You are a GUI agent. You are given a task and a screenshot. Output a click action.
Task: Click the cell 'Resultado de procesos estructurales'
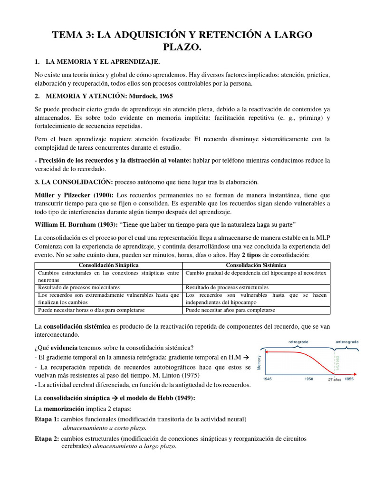[227, 287]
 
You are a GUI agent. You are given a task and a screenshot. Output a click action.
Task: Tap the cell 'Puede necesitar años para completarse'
[230, 310]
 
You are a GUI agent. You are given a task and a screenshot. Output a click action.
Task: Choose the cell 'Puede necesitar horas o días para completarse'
[92, 310]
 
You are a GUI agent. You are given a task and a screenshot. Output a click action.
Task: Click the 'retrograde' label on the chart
[297, 341]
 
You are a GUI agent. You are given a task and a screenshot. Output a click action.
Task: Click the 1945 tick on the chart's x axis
[267, 379]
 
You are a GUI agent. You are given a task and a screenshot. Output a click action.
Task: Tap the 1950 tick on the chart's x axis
[308, 379]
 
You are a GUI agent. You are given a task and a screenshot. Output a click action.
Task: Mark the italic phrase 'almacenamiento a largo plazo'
[134, 446]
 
